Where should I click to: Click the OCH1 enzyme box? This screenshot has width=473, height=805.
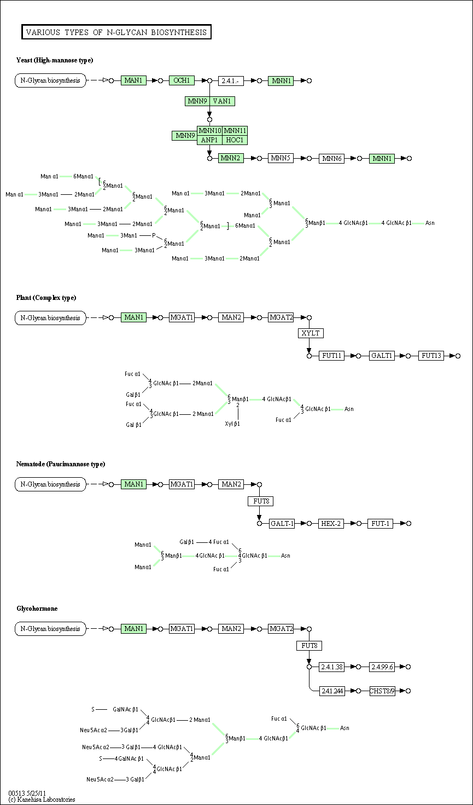tap(182, 80)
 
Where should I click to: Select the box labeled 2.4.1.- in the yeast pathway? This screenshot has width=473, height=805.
tap(231, 81)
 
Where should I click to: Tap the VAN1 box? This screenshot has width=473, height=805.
tap(223, 101)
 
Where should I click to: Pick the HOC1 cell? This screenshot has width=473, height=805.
tap(235, 140)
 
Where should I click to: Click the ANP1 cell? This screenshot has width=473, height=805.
tap(210, 140)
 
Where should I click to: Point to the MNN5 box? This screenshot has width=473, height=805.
tap(281, 158)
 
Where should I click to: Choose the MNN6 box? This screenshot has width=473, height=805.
tap(331, 159)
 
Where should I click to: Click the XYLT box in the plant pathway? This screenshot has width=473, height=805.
tap(311, 333)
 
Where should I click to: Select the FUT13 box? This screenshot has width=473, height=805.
tap(431, 356)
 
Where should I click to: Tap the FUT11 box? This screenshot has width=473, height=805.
tap(331, 356)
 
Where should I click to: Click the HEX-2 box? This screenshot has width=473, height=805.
tap(331, 524)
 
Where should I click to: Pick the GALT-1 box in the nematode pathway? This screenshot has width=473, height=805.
tap(282, 524)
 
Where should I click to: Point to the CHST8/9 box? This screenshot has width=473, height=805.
tap(382, 691)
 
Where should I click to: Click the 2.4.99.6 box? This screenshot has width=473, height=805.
tap(382, 667)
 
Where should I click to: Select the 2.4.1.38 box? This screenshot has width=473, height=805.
tap(332, 667)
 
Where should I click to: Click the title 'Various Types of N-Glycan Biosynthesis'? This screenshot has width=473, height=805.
tap(116, 32)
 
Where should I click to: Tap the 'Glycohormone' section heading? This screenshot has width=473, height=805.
tap(37, 609)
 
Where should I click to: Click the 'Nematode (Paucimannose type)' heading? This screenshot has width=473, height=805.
tap(61, 464)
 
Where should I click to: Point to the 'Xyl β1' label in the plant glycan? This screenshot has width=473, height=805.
tap(232, 424)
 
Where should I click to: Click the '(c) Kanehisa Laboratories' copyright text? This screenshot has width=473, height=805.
tap(42, 800)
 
